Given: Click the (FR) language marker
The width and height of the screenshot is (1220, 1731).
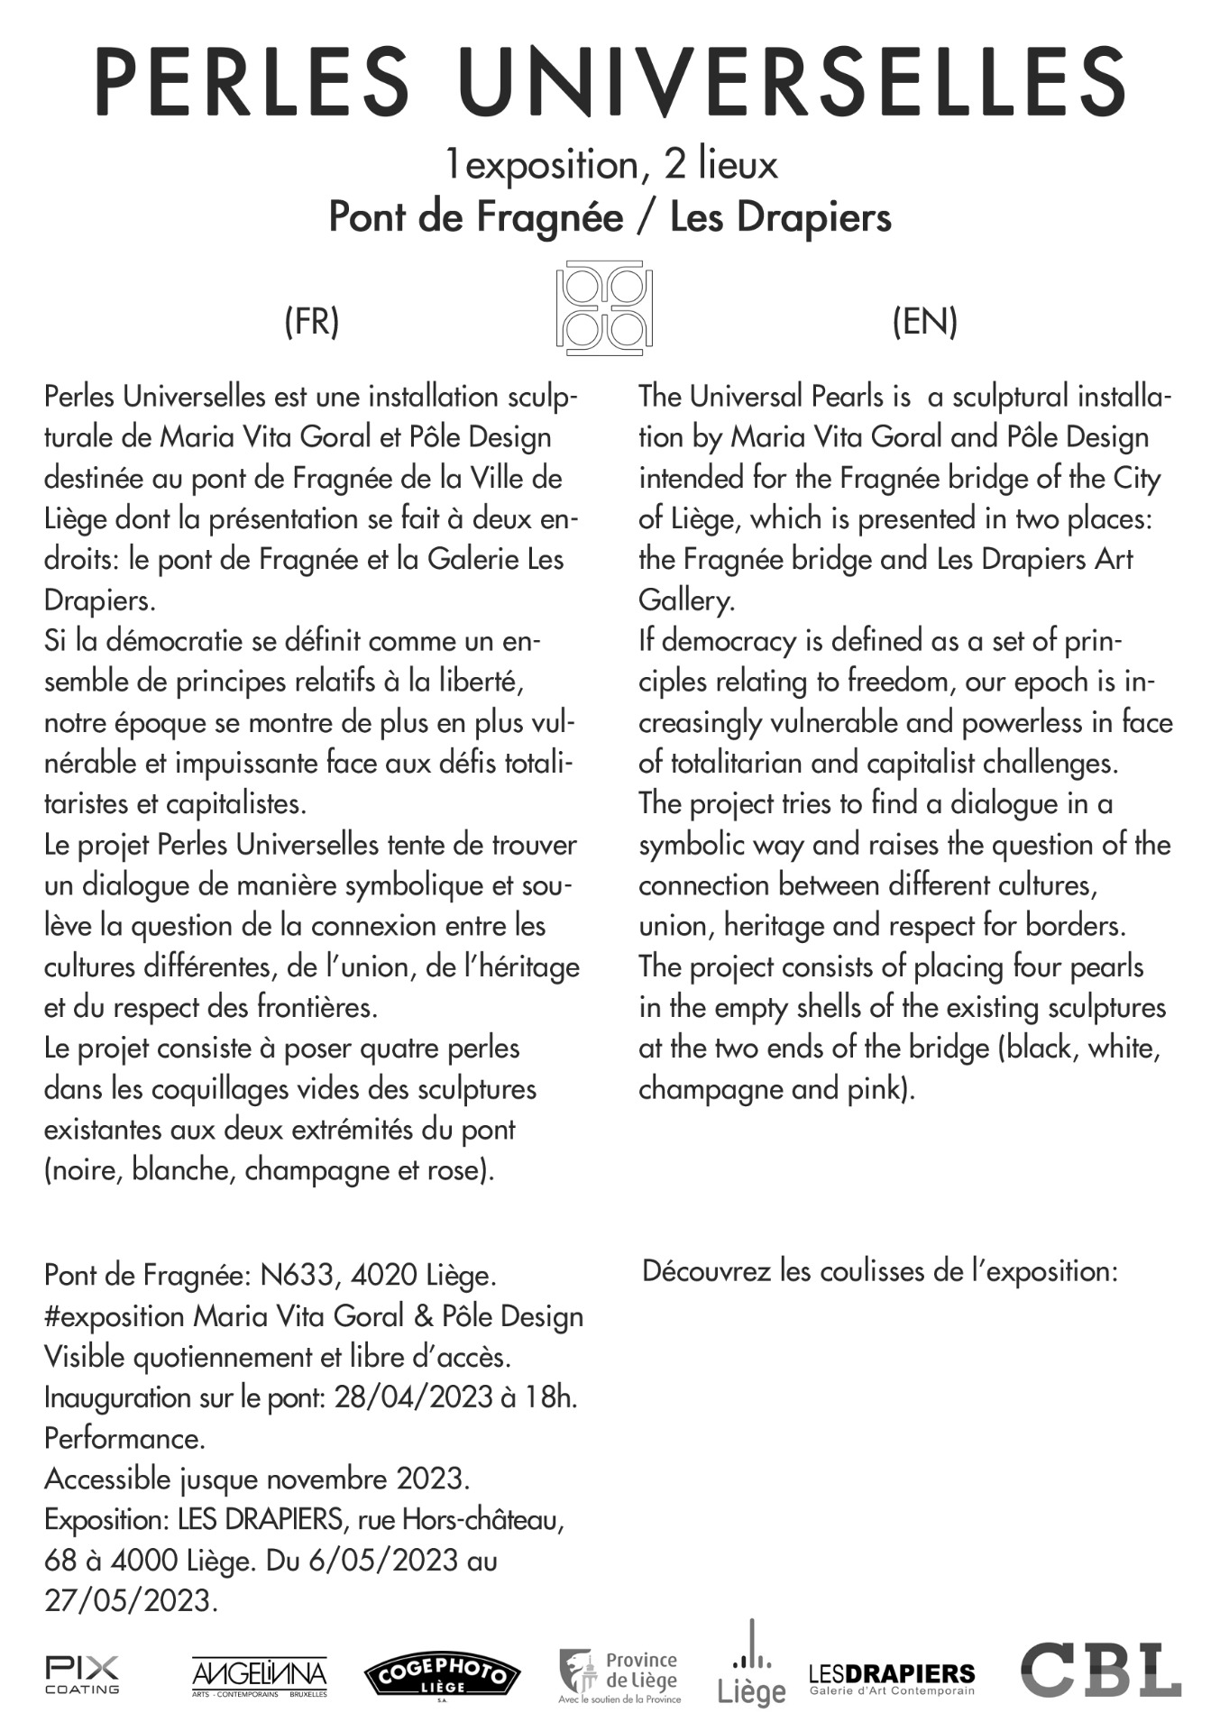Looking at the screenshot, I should point(311,321).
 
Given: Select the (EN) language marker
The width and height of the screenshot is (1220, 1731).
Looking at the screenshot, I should point(924,321).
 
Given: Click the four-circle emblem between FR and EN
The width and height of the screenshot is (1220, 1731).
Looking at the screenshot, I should point(604,307).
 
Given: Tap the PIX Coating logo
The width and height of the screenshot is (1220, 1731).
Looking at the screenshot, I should point(82,1674).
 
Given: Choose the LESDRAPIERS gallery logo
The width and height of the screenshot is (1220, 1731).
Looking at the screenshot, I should point(892,1678).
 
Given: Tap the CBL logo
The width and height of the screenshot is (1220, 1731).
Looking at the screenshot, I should point(1100,1670).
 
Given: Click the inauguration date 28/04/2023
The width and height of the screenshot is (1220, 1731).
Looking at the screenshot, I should point(411,1397).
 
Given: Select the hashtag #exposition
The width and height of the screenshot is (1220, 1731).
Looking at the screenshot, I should point(115,1316).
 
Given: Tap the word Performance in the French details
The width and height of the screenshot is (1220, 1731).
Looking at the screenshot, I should point(124,1438).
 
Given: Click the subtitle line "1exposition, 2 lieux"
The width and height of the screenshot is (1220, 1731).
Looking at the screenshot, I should point(610,165).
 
